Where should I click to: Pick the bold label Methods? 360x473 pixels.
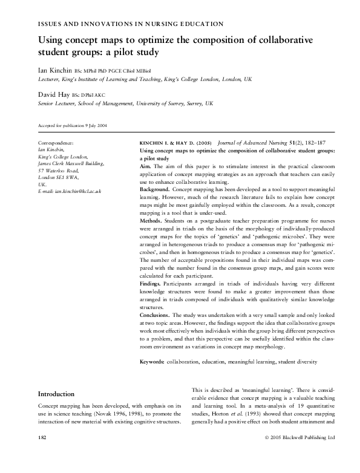tap(151, 221)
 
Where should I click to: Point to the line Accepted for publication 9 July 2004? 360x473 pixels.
tap(73, 126)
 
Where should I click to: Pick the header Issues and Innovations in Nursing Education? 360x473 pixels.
tap(130, 24)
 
